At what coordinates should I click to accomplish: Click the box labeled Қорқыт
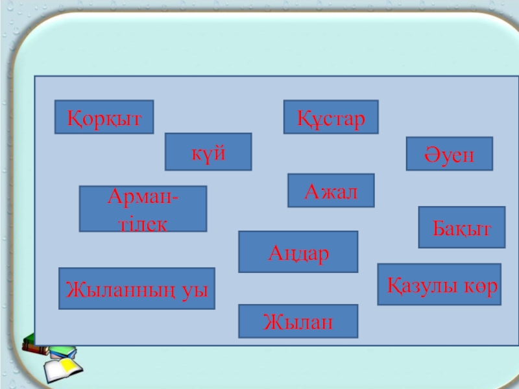pyautogui.click(x=104, y=117)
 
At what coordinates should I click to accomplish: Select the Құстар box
pyautogui.click(x=331, y=117)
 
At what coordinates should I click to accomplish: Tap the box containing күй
pyautogui.click(x=208, y=152)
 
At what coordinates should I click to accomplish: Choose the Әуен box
pyautogui.click(x=450, y=154)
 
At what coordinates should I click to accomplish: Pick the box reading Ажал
pyautogui.click(x=331, y=190)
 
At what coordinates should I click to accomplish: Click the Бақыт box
pyautogui.click(x=462, y=227)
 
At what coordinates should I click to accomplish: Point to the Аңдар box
pyautogui.click(x=298, y=252)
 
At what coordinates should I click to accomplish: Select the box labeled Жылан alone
pyautogui.click(x=298, y=321)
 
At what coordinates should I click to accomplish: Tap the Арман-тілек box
pyautogui.click(x=143, y=208)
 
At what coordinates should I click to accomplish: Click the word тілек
pyautogui.click(x=143, y=224)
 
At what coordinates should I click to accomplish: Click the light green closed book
pyautogui.click(x=63, y=353)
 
